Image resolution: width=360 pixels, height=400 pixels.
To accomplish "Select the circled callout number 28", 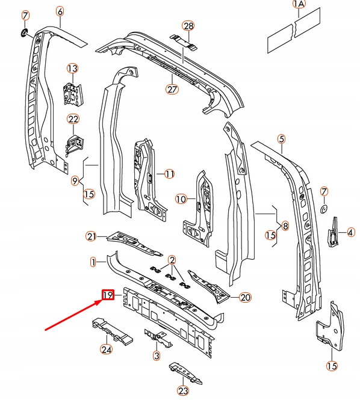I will pos(189,26).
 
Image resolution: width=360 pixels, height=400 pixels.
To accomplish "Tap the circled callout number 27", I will pos(173,90).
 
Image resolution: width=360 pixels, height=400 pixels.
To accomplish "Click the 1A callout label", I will pos(299,5).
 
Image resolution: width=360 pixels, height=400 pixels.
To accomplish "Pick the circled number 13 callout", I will pos(73,69).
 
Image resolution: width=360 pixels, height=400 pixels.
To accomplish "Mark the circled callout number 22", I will pos(73,119).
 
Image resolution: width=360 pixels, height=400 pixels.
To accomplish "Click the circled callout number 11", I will pos(169,174).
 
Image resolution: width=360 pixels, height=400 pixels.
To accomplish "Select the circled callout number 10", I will pos(181,198).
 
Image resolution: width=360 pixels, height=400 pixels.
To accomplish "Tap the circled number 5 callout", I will pos(281,140).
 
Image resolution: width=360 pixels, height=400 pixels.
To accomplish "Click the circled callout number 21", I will pos(92,236).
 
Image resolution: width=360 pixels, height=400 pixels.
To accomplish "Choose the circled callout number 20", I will pos(245,297).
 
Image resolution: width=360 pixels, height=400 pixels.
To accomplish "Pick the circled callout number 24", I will pos(107,348).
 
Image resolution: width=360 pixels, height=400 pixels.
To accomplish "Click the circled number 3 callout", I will pos(157,356).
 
